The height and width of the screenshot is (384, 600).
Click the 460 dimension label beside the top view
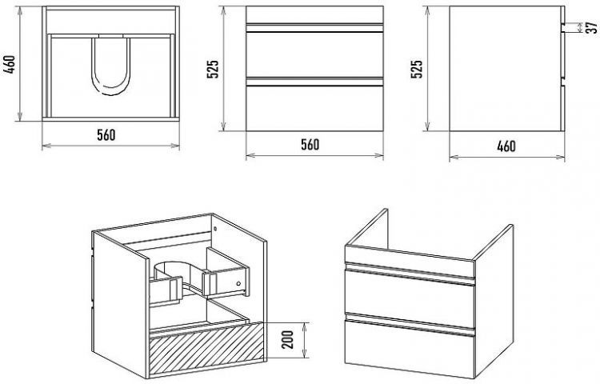10,64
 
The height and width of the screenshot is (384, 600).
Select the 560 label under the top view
106,135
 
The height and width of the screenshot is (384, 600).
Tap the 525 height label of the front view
213,69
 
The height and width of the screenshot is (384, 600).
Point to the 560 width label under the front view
310,145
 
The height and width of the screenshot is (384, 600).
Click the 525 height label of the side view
417,69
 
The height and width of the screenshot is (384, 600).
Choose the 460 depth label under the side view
506,146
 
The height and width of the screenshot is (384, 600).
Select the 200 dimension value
289,340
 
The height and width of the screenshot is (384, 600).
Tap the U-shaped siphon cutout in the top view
111,66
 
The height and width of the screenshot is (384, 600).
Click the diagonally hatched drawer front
206,348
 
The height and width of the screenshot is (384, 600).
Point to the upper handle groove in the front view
314,27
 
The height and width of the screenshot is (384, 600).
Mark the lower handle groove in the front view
314,82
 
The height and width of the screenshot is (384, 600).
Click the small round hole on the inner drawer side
238,284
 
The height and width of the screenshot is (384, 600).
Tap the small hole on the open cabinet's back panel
215,229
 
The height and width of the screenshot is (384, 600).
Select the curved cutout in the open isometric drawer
177,272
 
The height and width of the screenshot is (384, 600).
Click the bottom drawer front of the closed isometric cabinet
410,346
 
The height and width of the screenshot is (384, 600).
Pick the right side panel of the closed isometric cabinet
494,302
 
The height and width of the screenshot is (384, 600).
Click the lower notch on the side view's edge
562,82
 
